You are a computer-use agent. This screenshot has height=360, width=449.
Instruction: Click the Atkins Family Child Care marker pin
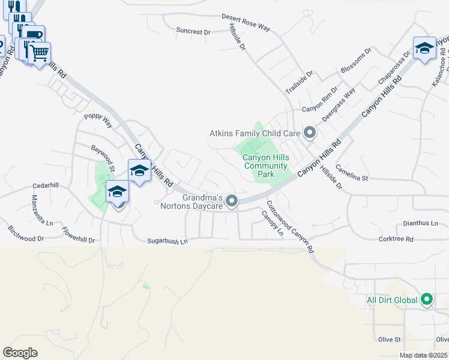tap(310, 133)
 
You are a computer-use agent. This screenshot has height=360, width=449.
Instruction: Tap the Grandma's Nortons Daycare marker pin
tap(232, 202)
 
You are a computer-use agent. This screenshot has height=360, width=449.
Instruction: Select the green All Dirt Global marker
tap(427, 299)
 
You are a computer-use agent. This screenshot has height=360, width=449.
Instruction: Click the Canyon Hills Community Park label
tap(265, 166)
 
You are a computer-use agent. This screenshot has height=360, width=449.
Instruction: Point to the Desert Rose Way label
tap(246, 23)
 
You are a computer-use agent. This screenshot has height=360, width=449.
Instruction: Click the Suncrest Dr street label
tap(193, 31)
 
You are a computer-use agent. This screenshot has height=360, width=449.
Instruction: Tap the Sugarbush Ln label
tap(168, 241)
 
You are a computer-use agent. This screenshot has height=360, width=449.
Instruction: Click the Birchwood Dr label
tap(26, 233)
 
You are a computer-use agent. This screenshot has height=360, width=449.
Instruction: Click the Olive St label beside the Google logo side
tap(389, 340)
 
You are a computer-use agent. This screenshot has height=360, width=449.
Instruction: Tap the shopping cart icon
tap(40, 53)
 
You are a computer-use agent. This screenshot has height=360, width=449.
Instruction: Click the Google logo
tap(20, 353)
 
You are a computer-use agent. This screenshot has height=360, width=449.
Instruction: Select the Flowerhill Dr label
tap(74, 235)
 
